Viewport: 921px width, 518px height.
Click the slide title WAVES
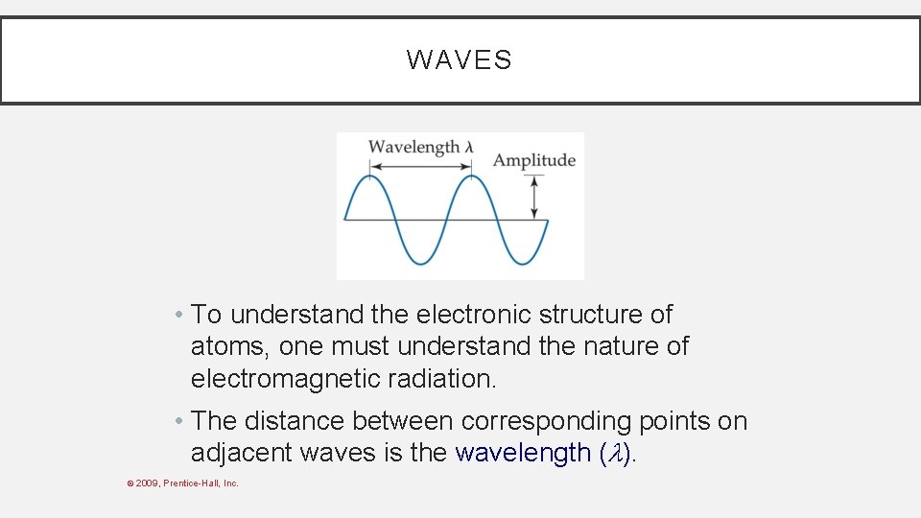[x=460, y=60]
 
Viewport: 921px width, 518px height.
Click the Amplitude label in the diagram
[x=533, y=160]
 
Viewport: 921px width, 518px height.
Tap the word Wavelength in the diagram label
[x=413, y=147]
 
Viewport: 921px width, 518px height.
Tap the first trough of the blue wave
[x=420, y=262]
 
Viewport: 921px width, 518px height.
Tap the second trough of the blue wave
[x=521, y=262]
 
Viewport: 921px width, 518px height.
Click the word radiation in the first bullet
[x=442, y=379]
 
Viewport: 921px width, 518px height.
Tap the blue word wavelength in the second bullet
[x=523, y=453]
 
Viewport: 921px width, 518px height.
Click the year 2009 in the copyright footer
[x=147, y=483]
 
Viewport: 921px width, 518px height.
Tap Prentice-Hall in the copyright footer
[x=191, y=483]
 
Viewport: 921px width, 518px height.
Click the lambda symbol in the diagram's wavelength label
[x=469, y=147]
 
